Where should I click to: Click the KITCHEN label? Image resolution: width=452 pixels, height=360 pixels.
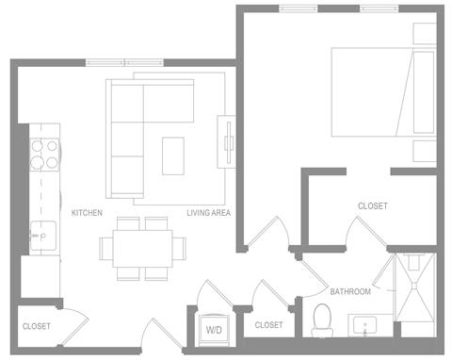point(87,213)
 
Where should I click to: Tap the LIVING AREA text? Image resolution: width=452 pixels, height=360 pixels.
point(208,213)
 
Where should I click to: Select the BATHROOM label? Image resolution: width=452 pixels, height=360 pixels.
point(349,291)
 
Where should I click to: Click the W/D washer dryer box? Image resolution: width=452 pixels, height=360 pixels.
point(214,329)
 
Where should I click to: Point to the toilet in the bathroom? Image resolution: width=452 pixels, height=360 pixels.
point(321,320)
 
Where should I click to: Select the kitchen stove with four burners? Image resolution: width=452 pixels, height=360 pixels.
point(43,154)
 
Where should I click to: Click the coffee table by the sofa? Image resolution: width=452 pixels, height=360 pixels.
point(173,155)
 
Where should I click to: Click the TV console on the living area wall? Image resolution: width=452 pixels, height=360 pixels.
point(227,141)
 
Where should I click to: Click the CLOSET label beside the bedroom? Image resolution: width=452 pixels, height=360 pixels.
point(372,205)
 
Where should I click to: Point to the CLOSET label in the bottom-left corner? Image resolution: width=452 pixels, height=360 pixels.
point(36,326)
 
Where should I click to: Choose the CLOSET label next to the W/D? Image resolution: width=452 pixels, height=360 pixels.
point(268,325)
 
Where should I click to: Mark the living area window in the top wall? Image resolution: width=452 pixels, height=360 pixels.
point(124,62)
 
